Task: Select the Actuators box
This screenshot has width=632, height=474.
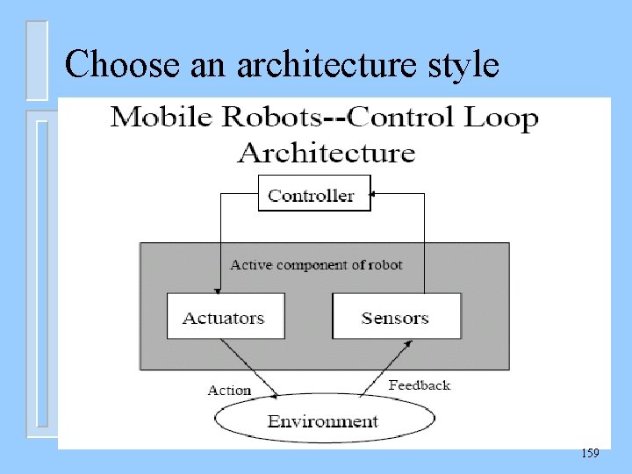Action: tap(226, 316)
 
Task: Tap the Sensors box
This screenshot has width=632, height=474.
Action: tap(396, 316)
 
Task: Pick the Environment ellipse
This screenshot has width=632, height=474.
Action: tap(322, 422)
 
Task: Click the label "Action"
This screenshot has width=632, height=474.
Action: tap(229, 390)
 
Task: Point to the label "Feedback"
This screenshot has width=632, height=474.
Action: tap(420, 384)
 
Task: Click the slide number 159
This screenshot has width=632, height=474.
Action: tap(590, 453)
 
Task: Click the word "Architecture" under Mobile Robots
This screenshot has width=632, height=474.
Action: tap(327, 153)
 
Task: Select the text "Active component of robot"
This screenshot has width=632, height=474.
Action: tap(316, 264)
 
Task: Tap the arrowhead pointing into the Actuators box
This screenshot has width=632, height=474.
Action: tap(216, 289)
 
